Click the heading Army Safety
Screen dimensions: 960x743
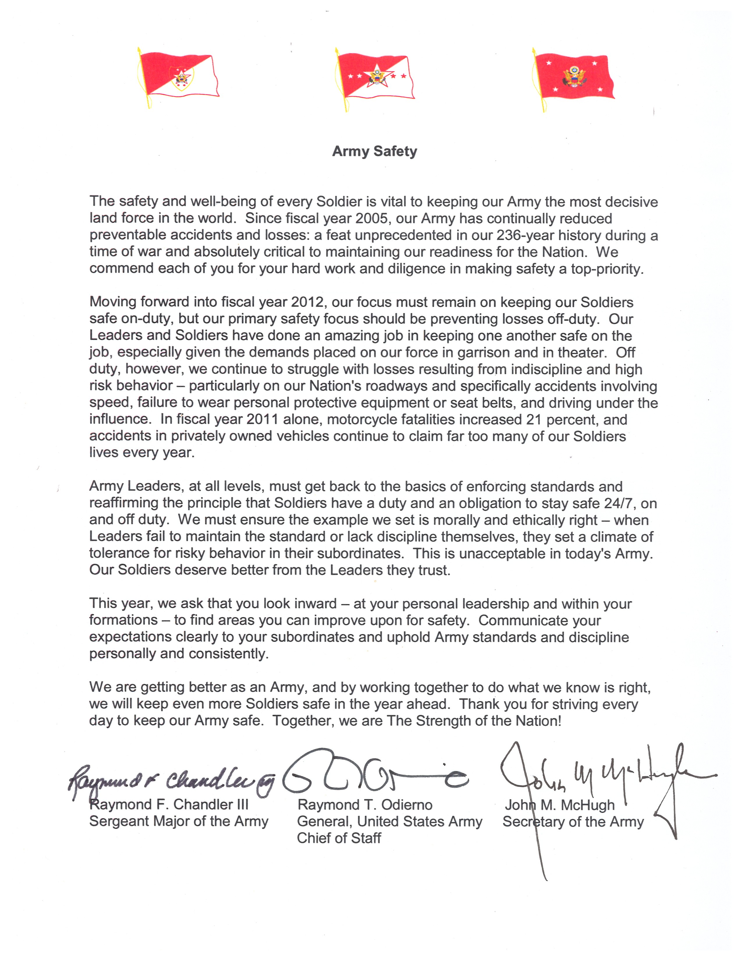(x=374, y=151)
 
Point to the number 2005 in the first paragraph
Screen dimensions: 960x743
(x=373, y=218)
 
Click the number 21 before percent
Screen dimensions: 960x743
(x=533, y=419)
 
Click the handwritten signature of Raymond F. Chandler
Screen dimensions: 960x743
(x=172, y=781)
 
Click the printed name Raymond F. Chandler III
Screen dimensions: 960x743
(x=169, y=804)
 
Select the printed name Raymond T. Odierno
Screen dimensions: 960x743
(x=365, y=805)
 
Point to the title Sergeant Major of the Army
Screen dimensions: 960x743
(x=179, y=821)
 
